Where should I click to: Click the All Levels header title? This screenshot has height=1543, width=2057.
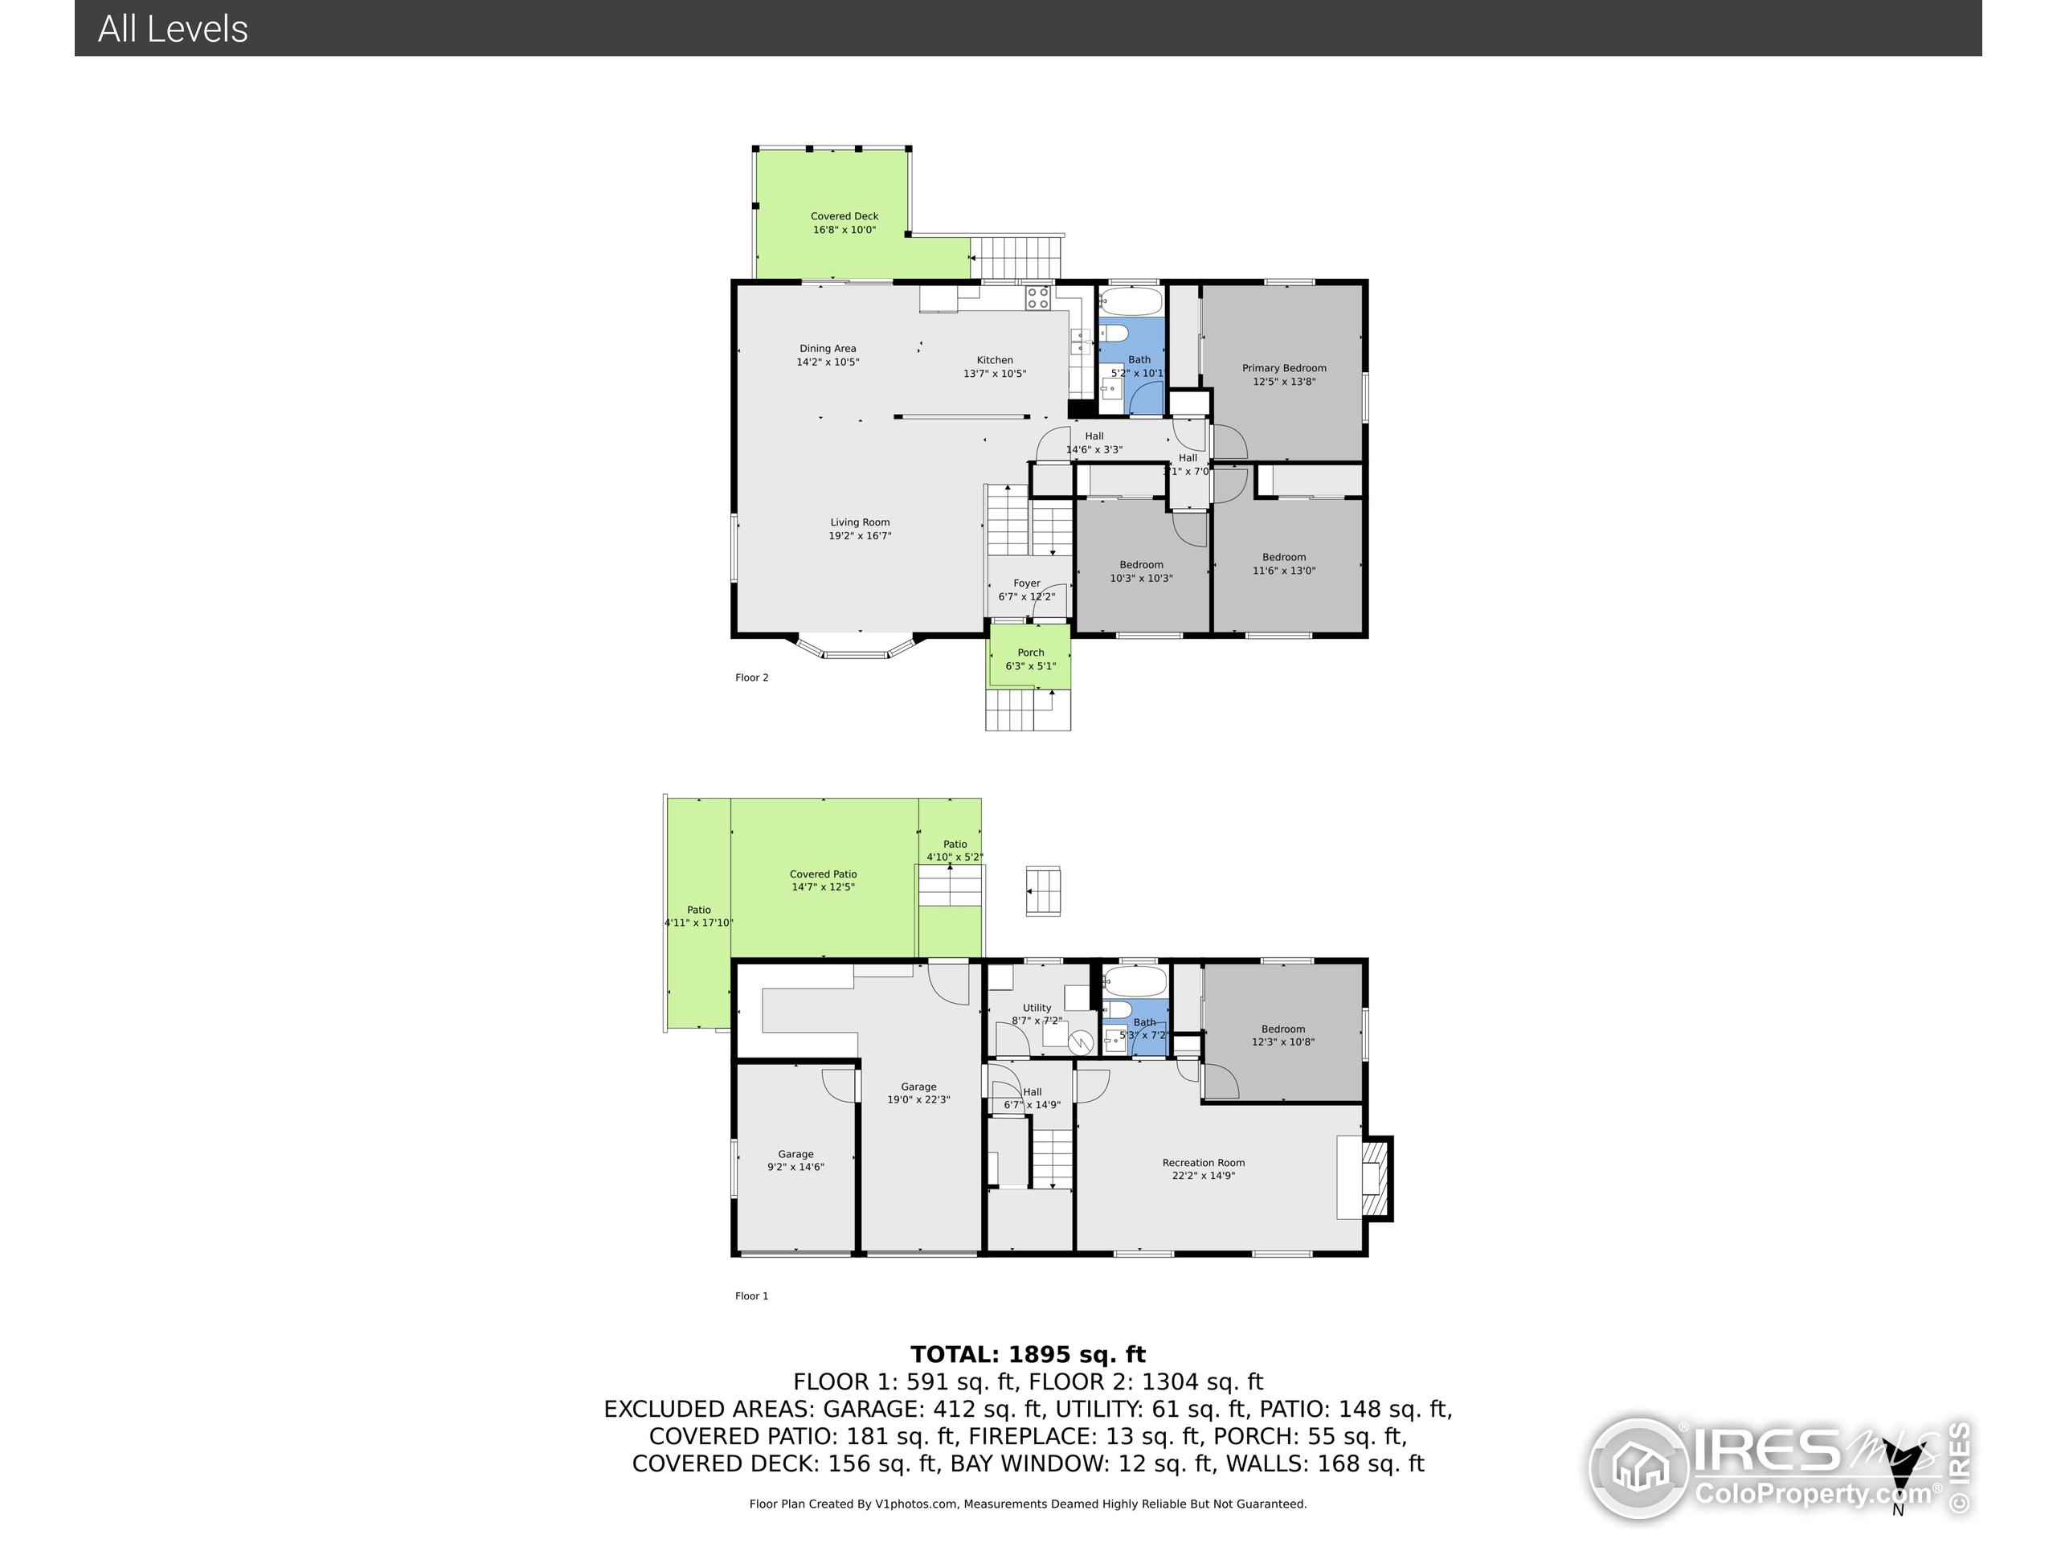point(173,29)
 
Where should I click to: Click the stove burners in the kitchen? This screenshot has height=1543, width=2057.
point(1038,297)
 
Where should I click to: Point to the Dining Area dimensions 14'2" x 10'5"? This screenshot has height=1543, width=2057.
point(827,362)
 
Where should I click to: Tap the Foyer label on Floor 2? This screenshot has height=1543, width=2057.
point(1026,583)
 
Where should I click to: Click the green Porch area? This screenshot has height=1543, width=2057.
point(1028,657)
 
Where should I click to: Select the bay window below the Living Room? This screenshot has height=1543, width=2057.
point(856,649)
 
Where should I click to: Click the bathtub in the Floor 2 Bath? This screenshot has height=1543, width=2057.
point(1131,301)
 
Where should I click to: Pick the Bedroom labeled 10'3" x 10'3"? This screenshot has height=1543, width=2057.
point(1141,571)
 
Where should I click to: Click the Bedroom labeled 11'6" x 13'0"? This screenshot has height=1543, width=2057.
point(1283,563)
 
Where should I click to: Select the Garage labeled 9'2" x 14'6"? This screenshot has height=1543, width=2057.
point(795,1160)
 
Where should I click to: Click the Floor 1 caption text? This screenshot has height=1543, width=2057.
point(751,1295)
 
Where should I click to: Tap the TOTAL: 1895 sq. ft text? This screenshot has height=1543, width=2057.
point(1028,1354)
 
